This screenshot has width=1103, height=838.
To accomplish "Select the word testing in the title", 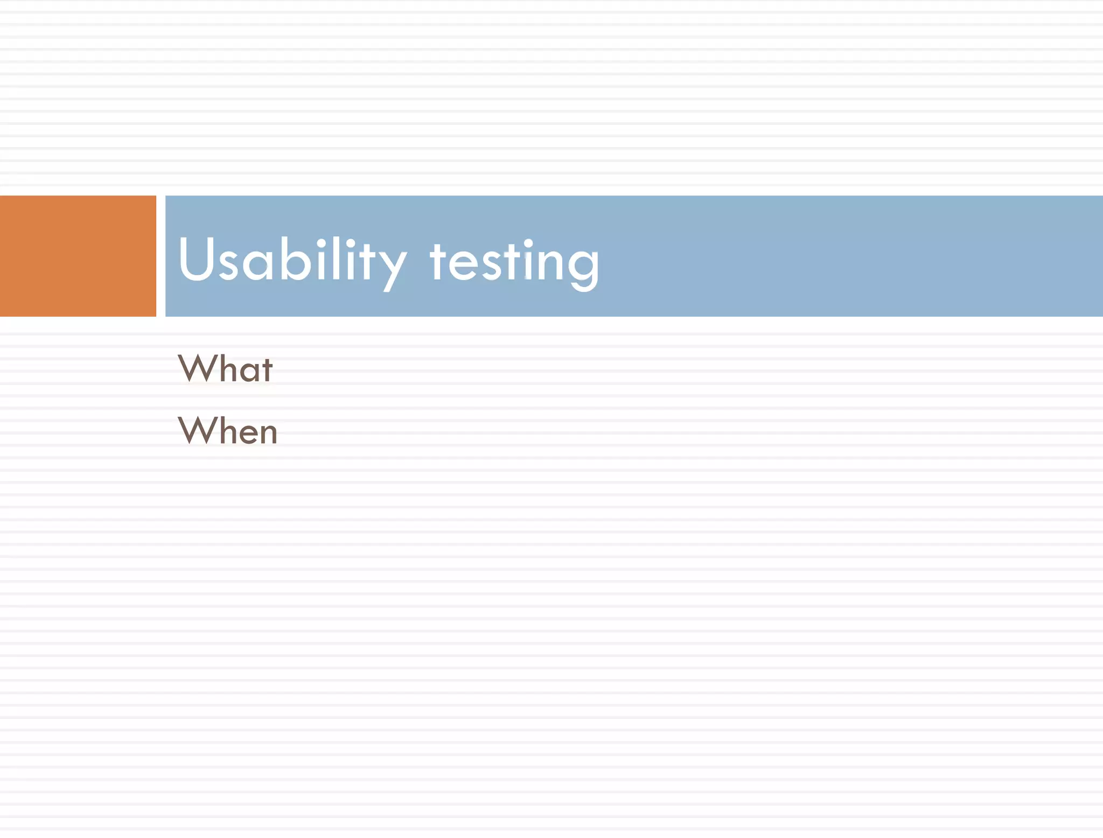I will tap(514, 262).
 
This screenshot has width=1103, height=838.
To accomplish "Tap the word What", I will tap(225, 369).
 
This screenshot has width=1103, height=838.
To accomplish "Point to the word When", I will tap(228, 431).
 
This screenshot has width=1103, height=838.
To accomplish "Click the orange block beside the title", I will tap(78, 256).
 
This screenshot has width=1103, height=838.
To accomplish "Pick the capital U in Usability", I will tap(197, 259).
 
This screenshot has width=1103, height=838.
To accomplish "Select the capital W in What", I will tap(196, 368).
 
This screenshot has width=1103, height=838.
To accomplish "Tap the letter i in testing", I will tap(528, 261).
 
